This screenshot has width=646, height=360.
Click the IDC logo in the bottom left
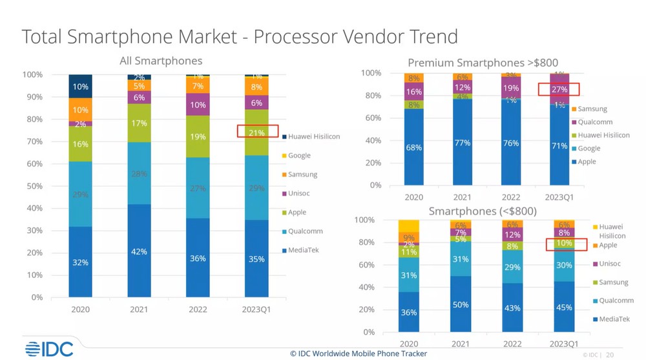pyautogui.click(x=49, y=349)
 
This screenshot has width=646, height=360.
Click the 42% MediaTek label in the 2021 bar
pyautogui.click(x=139, y=251)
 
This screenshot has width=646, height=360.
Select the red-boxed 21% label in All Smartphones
pyautogui.click(x=256, y=132)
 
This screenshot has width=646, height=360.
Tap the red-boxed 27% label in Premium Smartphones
pyautogui.click(x=559, y=89)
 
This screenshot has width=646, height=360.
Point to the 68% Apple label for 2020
pyautogui.click(x=414, y=147)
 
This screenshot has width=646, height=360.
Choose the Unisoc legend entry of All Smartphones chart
pyautogui.click(x=302, y=193)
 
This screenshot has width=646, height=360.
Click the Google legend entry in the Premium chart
pyautogui.click(x=588, y=148)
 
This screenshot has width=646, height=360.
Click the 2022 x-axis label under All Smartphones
pyautogui.click(x=198, y=310)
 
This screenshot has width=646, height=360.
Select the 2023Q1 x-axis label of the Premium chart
pyautogui.click(x=559, y=197)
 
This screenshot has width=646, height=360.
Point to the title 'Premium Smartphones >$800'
pyautogui.click(x=473, y=63)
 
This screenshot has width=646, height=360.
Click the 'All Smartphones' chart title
pyautogui.click(x=161, y=61)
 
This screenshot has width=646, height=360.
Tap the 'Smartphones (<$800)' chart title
pyautogui.click(x=483, y=211)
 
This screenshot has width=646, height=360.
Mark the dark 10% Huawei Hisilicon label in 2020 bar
pyautogui.click(x=80, y=87)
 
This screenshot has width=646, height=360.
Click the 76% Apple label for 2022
pyautogui.click(x=511, y=143)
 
